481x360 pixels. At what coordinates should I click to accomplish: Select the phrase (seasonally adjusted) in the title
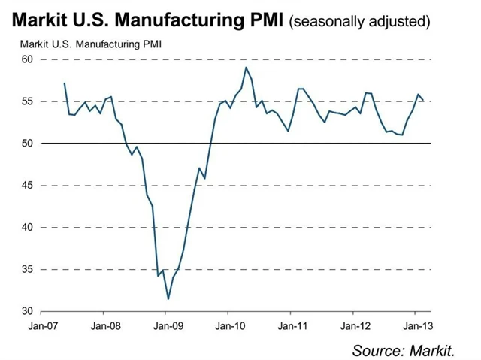point(361,21)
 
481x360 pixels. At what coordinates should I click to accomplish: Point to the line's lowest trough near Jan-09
point(168,299)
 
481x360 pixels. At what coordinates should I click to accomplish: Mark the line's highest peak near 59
point(246,68)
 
